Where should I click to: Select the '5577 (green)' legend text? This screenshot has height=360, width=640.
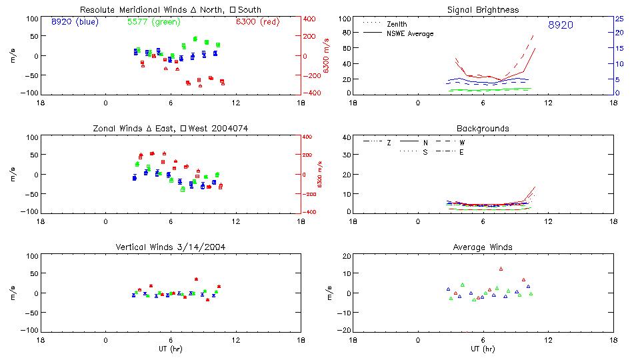click(x=154, y=22)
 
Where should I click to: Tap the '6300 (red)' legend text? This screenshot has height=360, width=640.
click(x=258, y=22)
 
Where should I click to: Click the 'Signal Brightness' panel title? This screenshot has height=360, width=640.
click(x=484, y=10)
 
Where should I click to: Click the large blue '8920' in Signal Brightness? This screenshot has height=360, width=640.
click(x=561, y=25)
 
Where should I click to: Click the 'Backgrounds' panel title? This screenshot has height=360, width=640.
click(x=483, y=128)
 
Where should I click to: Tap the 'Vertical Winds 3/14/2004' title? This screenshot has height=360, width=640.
click(x=170, y=247)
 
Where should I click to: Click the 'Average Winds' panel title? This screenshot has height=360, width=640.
click(x=484, y=247)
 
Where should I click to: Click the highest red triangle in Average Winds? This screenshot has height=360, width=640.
click(x=501, y=269)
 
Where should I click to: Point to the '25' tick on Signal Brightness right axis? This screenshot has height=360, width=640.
click(x=619, y=19)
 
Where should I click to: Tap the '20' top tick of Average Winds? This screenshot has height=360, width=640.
click(x=346, y=257)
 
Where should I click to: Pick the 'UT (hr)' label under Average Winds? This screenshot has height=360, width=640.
click(x=484, y=349)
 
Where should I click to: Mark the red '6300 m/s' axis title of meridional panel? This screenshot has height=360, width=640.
click(x=327, y=56)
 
